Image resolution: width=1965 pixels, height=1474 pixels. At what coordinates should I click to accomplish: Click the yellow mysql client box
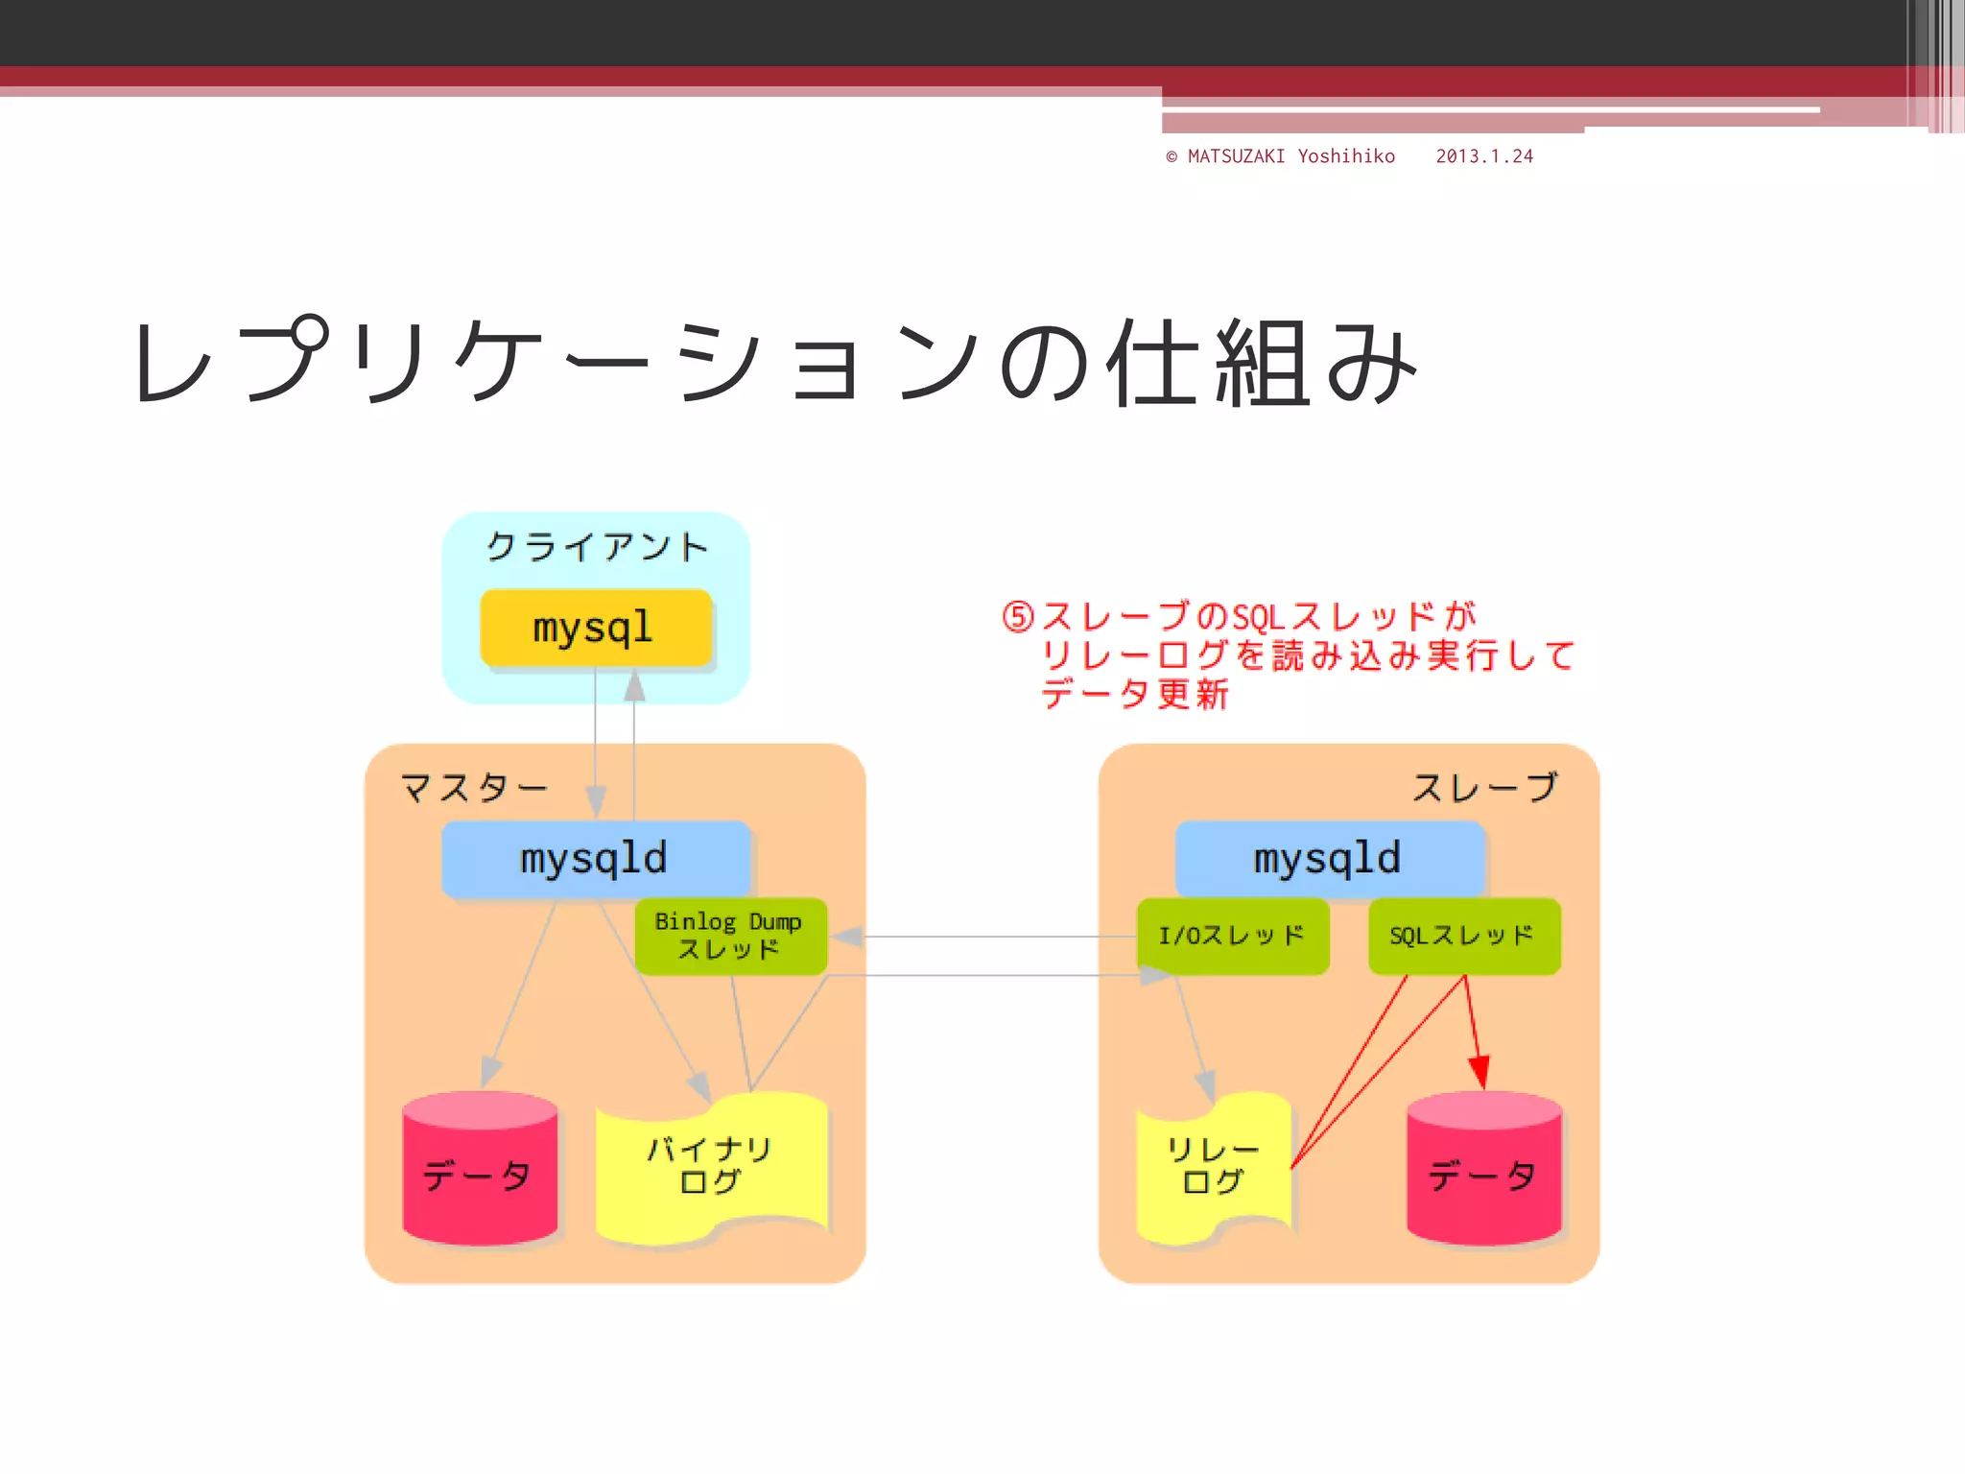[595, 628]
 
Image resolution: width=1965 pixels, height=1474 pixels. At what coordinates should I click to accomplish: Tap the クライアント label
[597, 547]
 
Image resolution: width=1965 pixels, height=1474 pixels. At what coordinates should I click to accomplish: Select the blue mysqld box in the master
[595, 858]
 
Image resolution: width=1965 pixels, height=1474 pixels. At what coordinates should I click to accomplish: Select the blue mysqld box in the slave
[1329, 858]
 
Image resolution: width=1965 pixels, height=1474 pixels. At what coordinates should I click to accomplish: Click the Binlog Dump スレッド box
[730, 936]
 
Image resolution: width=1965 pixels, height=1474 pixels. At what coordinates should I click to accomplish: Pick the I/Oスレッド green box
[1232, 936]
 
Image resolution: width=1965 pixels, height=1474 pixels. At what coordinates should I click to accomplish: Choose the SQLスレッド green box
[1463, 936]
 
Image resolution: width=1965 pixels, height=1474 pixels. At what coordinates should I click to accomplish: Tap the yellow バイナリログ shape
[710, 1166]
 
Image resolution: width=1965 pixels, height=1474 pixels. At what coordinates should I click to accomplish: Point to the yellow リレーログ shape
[1213, 1166]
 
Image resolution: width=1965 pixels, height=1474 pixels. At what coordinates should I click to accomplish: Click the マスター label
[474, 788]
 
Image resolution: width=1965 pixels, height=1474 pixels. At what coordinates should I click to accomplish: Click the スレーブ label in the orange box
[1484, 788]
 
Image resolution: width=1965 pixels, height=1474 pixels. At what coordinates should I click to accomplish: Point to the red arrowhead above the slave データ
[1480, 1071]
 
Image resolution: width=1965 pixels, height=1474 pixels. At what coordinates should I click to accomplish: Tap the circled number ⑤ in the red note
[1018, 617]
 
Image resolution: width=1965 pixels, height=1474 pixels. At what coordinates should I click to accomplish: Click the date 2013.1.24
[1484, 156]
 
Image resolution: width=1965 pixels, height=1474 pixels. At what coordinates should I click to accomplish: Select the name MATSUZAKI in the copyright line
[1236, 156]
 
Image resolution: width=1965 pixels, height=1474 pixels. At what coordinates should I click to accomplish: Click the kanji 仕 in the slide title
[1153, 363]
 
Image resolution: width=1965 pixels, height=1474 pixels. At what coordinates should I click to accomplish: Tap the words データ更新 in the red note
[1135, 694]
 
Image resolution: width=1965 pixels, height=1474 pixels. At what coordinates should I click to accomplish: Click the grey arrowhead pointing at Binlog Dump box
[847, 937]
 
